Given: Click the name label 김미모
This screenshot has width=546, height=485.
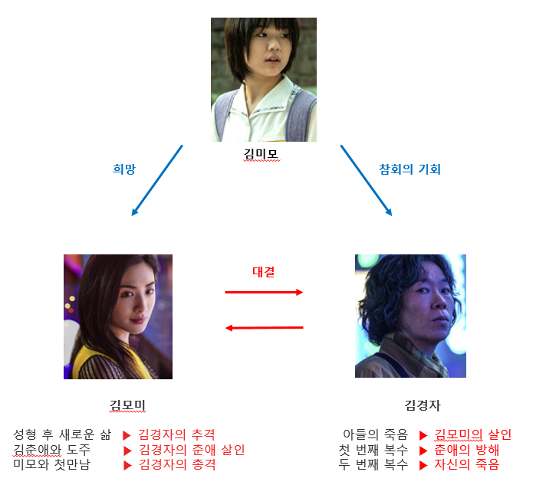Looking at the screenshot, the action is [261, 155].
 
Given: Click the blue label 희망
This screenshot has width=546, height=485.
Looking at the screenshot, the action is [123, 169].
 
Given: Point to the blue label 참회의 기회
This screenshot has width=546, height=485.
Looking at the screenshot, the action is [409, 169].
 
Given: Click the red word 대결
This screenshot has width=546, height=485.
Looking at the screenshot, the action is [264, 271].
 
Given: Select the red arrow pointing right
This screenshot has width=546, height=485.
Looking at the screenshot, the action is [264, 292].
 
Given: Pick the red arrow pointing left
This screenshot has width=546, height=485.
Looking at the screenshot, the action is [264, 328].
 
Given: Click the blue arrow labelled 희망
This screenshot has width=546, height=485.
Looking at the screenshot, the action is [157, 180].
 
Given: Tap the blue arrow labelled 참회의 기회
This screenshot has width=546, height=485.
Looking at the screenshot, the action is [366, 180].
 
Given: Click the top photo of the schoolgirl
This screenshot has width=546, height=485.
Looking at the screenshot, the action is [264, 80].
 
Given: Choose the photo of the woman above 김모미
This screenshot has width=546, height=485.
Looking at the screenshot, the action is [118, 316].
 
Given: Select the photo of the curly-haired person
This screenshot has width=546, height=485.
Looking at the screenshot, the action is [410, 316].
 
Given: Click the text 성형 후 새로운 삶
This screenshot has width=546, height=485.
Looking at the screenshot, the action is [62, 434].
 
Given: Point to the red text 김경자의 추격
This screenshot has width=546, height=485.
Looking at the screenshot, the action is [176, 434].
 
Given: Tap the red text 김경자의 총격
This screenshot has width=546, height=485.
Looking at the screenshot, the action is [176, 464].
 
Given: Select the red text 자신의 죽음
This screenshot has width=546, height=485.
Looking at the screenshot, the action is [466, 464].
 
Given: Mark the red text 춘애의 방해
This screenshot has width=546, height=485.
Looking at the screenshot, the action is [466, 450].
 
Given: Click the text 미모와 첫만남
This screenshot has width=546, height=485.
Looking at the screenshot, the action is [51, 464].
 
